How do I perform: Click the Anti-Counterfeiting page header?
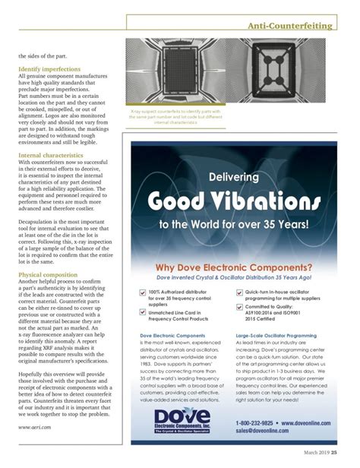tap(292, 26)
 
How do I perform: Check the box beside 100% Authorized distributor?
tap(143, 292)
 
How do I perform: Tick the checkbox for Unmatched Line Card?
tap(143, 312)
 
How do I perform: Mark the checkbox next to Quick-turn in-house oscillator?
tap(239, 292)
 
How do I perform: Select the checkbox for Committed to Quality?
tap(239, 308)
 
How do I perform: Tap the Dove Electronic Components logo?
tap(182, 438)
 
